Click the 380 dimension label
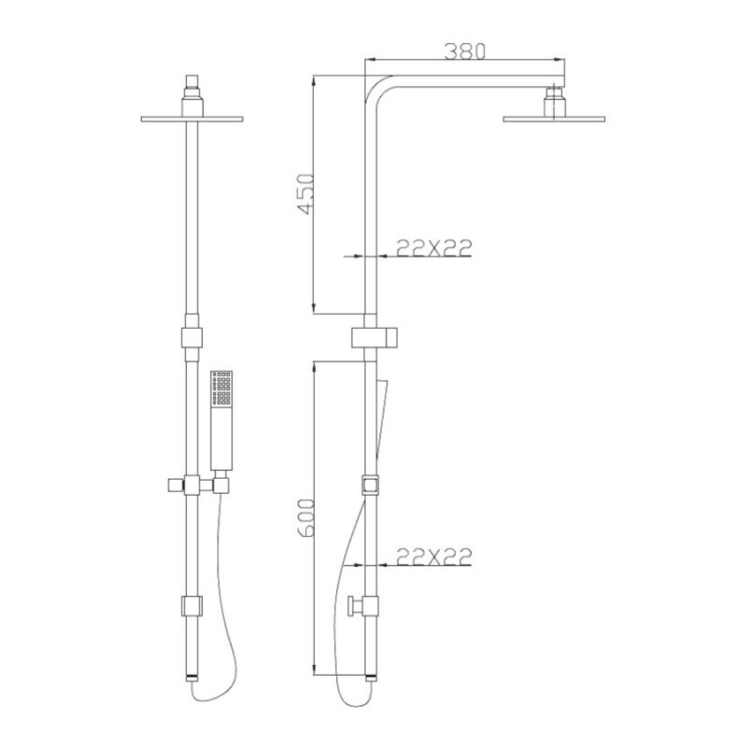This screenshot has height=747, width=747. coord(464,52)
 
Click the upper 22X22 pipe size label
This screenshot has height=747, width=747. coord(432,247)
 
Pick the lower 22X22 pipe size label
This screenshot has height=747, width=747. coord(432,557)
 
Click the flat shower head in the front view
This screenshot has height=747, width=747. coord(191,119)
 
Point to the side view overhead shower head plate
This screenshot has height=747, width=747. coord(555,119)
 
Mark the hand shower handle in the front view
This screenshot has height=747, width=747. coord(221,439)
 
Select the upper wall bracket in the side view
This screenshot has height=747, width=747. coord(376,337)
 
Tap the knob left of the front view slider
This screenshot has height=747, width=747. coord(174,485)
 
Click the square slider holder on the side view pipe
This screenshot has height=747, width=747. coord(369,486)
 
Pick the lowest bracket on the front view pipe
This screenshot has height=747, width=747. coord(191,606)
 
